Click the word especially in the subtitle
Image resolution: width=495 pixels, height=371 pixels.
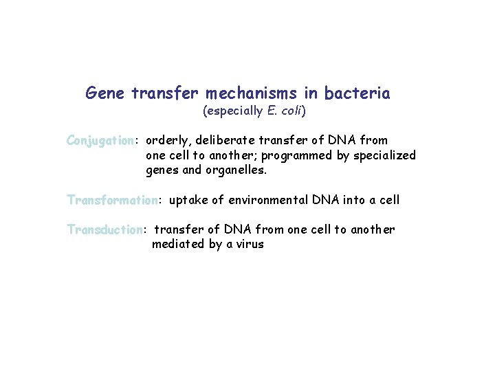click(232, 111)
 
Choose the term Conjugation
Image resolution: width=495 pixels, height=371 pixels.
click(100, 141)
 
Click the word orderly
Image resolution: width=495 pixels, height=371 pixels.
click(168, 141)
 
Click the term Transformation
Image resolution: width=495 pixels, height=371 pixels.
click(112, 201)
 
